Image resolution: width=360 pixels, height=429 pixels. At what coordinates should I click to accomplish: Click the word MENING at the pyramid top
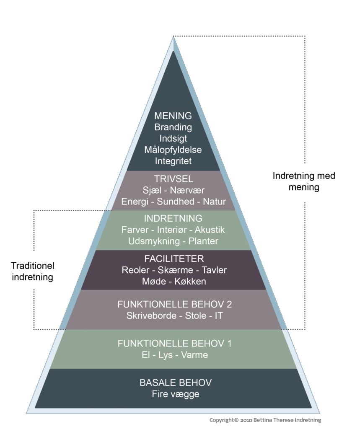tap(173, 116)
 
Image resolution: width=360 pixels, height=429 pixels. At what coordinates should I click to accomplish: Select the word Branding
tap(173, 127)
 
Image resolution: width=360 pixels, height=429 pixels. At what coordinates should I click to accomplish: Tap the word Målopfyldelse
tap(173, 150)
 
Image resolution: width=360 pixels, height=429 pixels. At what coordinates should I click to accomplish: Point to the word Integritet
tap(173, 161)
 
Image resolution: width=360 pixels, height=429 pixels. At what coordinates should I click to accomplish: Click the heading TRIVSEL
tap(173, 179)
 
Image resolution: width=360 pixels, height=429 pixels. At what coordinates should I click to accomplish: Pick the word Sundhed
tap(176, 202)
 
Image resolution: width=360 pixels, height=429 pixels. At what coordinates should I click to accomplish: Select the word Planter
tap(203, 241)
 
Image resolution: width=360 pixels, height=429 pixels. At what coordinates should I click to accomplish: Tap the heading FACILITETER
tap(173, 259)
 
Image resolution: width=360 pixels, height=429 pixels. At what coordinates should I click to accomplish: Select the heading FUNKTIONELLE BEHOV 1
tap(174, 344)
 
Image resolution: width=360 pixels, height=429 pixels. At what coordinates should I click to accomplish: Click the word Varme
tap(195, 355)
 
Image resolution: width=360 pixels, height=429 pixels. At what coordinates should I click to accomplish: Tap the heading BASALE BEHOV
tap(176, 382)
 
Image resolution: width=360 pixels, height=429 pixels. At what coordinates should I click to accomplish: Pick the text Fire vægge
tap(176, 394)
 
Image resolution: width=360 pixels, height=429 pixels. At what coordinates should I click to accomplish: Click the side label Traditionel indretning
tap(33, 271)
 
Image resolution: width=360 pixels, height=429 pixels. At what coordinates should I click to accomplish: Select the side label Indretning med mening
tap(304, 181)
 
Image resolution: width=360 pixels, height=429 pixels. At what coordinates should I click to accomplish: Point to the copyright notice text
tap(265, 420)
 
